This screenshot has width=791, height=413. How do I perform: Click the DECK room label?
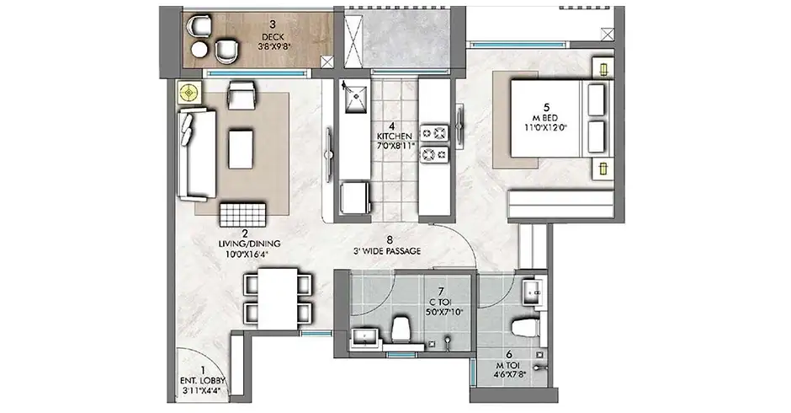(x=273, y=37)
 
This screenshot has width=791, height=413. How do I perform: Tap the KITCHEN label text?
(x=394, y=137)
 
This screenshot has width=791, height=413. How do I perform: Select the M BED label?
(x=546, y=118)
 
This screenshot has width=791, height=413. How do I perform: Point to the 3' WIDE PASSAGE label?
(x=389, y=250)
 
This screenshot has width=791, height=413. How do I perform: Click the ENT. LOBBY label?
(x=202, y=381)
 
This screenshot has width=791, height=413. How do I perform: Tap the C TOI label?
(x=440, y=303)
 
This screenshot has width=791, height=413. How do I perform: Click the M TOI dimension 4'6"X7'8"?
(x=510, y=375)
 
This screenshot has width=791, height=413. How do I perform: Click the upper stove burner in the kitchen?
(x=434, y=133)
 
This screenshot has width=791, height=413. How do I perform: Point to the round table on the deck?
(x=199, y=50)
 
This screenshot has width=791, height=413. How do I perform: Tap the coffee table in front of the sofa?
(x=240, y=149)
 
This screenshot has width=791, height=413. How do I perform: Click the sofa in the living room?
(x=196, y=153)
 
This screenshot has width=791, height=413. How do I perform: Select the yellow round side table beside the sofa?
(x=189, y=93)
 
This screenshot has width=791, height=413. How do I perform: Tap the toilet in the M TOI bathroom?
(x=524, y=327)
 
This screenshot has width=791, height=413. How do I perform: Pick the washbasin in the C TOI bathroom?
(x=365, y=336)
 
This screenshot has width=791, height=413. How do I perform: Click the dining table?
(x=278, y=298)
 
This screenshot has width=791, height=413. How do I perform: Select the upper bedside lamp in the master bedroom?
(x=603, y=69)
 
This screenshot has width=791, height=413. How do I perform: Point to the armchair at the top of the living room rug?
(x=242, y=94)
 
